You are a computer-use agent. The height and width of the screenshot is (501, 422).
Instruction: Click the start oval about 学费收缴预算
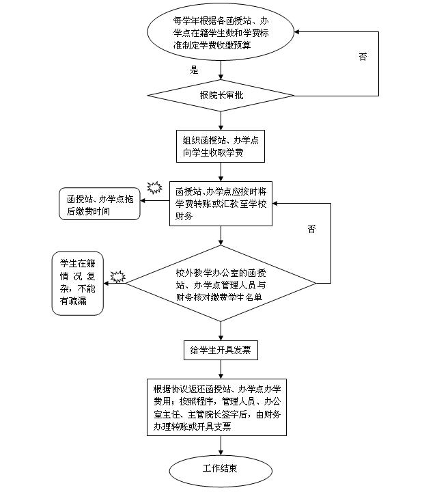221,32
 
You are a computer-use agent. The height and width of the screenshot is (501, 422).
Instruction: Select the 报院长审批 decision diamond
221,95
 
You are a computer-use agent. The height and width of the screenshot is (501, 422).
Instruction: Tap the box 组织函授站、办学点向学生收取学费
221,146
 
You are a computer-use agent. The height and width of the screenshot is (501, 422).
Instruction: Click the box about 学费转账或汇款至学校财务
221,203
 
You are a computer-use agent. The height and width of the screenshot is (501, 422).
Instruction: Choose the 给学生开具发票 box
221,351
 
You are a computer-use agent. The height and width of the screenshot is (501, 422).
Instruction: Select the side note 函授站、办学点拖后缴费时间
98,204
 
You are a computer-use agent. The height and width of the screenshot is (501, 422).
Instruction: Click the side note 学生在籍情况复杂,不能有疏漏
78,283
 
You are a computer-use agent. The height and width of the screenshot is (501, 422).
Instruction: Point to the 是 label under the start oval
194,70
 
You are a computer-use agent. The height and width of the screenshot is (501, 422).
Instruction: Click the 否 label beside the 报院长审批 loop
363,57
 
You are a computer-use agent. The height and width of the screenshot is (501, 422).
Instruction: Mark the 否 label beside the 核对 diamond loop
311,229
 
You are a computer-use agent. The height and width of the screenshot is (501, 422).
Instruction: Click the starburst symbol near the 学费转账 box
154,187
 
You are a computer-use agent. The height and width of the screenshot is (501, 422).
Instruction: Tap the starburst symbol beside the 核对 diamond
118,276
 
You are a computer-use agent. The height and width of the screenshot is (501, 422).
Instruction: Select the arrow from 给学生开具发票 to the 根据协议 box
221,369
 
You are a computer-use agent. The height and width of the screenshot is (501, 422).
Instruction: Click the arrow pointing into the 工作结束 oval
221,446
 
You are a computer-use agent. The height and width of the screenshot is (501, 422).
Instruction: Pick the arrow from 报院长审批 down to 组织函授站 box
221,120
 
